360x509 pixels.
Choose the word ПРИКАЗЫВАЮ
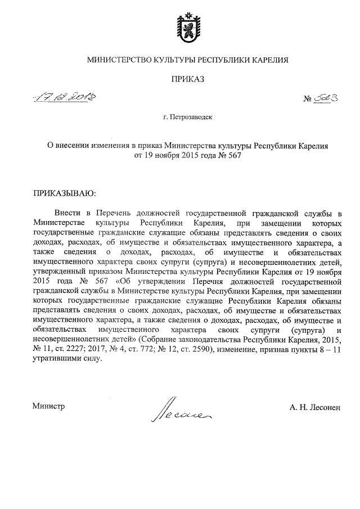pos(65,194)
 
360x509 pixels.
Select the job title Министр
pos(49,406)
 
